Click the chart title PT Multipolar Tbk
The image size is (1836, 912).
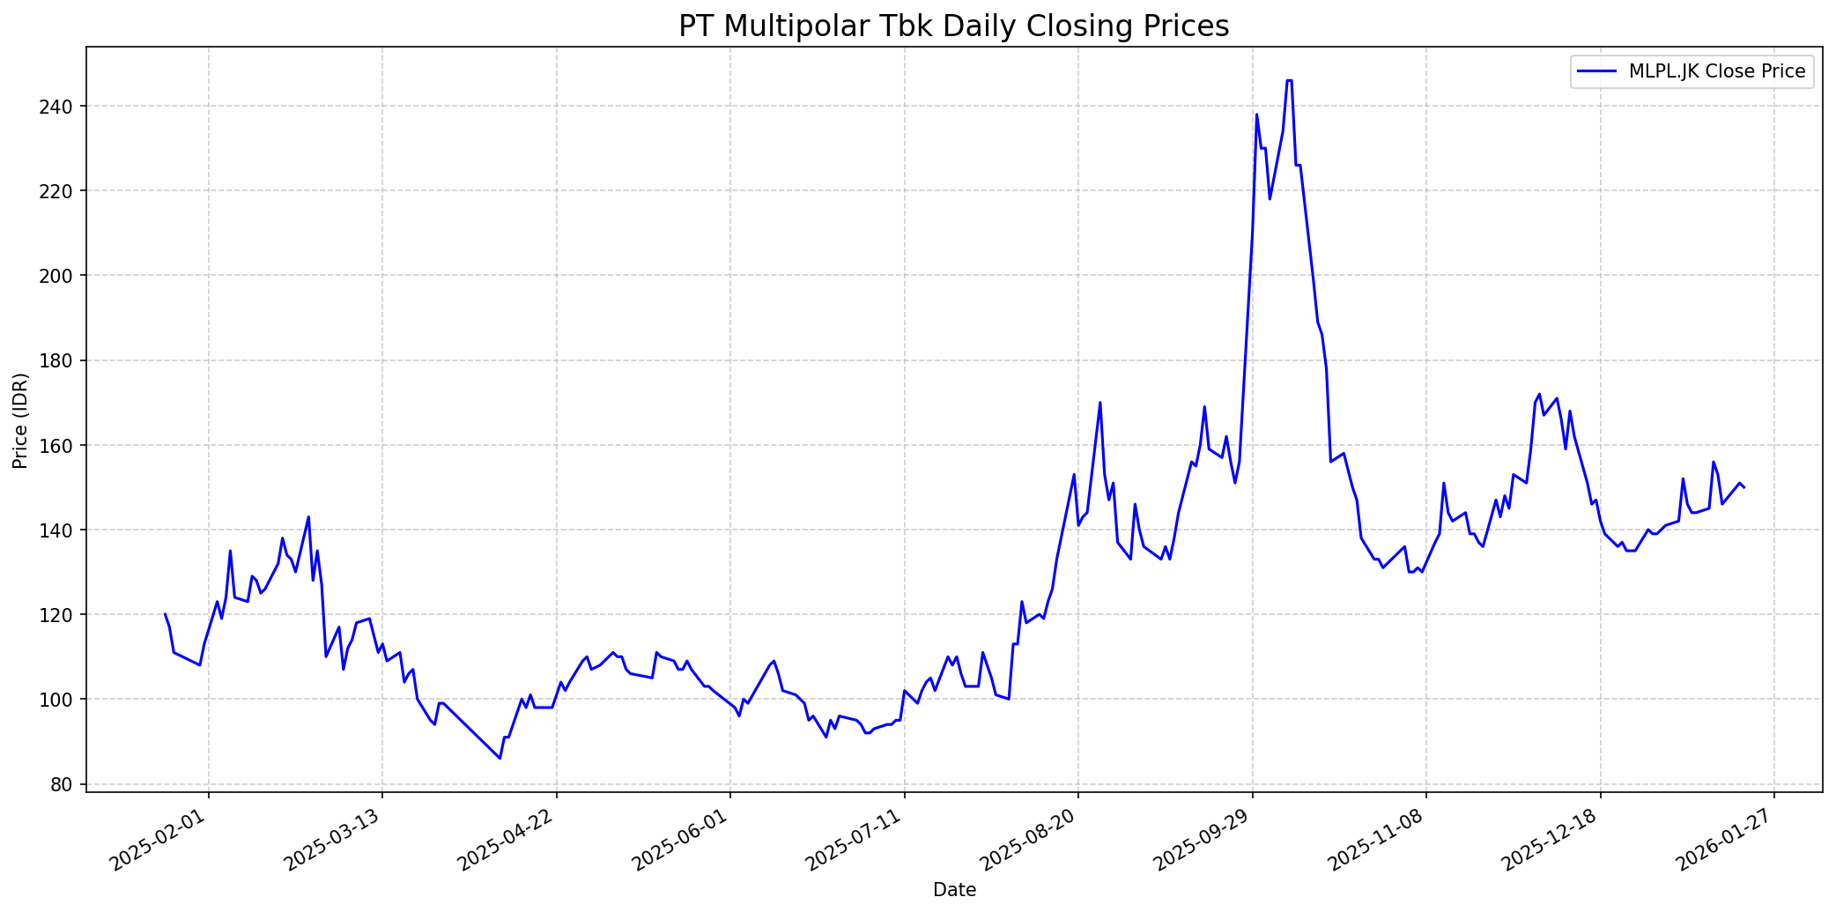[x=953, y=26]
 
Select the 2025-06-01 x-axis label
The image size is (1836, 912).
[x=682, y=841]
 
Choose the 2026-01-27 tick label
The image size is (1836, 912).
[x=1725, y=841]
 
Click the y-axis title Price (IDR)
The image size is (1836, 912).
[x=21, y=420]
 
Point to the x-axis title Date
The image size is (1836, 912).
[x=954, y=890]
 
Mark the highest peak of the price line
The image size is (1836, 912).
[x=1290, y=80]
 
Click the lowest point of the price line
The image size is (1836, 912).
[x=500, y=759]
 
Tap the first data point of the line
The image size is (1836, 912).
[x=165, y=614]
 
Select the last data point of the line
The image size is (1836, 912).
[x=1744, y=487]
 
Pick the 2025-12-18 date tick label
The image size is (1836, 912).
[x=1551, y=841]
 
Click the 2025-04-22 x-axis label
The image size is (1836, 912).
[x=508, y=841]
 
